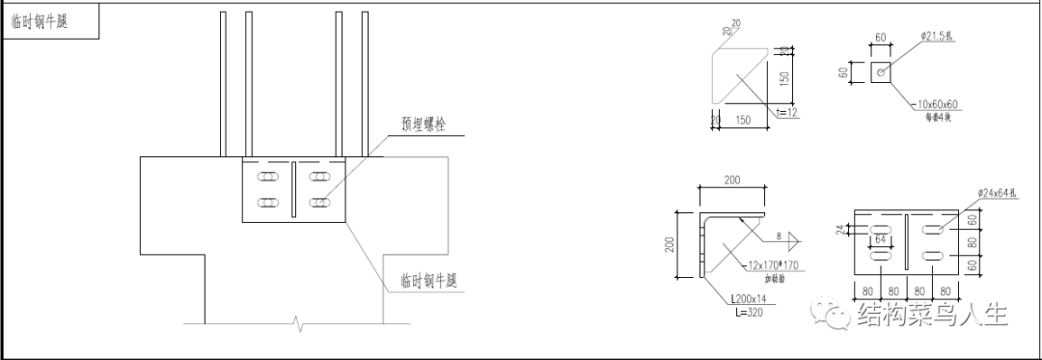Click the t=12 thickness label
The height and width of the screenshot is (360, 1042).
787,114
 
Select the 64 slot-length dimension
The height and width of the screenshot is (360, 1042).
880,236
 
